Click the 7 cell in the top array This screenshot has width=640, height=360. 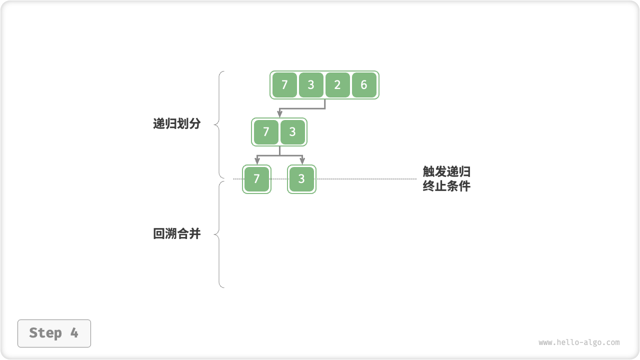(x=284, y=85)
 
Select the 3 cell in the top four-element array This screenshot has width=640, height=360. (x=311, y=85)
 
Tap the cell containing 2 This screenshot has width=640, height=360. (x=337, y=85)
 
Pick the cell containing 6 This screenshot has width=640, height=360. (x=364, y=85)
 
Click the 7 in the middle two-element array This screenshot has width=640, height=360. (x=266, y=132)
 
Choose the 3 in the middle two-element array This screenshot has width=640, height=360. (x=292, y=132)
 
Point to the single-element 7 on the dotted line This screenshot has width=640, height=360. (x=256, y=179)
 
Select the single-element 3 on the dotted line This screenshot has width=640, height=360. (x=301, y=179)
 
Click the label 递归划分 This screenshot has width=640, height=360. (x=176, y=124)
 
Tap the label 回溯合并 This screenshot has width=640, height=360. (x=176, y=233)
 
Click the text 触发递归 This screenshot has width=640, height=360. (x=446, y=172)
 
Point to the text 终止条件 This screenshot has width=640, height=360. (x=446, y=186)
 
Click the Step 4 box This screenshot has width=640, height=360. (x=54, y=333)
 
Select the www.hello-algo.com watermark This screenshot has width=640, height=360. (x=579, y=342)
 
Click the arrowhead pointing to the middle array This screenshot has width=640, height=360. (x=279, y=114)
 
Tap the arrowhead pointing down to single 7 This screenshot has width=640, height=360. (x=257, y=161)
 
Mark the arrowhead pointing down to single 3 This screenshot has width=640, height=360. (x=302, y=161)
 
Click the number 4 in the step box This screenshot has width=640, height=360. (x=74, y=333)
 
